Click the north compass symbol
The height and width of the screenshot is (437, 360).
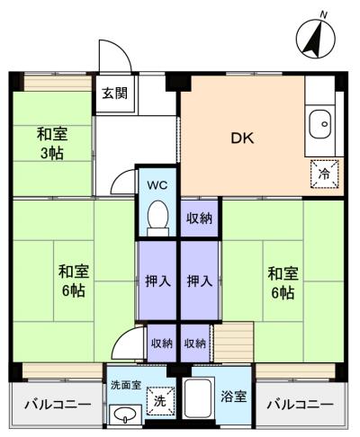(x=315, y=37)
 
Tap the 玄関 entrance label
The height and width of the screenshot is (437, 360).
(x=115, y=94)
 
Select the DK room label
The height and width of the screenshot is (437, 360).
(x=242, y=138)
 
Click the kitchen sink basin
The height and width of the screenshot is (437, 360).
(x=320, y=124)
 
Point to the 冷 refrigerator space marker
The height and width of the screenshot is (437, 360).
(x=324, y=174)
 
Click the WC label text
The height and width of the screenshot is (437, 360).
(x=157, y=185)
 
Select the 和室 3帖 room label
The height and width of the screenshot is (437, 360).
(x=52, y=143)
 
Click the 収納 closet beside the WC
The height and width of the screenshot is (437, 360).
(x=199, y=218)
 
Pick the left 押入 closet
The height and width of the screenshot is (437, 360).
(x=157, y=281)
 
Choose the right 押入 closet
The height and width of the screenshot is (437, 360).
(x=200, y=281)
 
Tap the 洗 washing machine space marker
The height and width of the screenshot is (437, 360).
(x=160, y=401)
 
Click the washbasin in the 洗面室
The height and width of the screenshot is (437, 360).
(x=125, y=415)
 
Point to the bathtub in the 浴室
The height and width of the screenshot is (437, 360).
(x=198, y=397)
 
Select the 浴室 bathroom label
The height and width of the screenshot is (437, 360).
(x=233, y=397)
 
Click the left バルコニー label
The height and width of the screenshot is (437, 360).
(x=58, y=405)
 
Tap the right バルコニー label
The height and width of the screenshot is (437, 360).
(x=300, y=405)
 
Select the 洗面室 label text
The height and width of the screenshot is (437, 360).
(x=126, y=385)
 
